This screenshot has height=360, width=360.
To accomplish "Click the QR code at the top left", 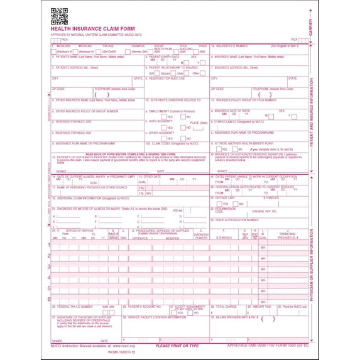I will (58, 15).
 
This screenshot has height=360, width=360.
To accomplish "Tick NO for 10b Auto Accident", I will (183, 127).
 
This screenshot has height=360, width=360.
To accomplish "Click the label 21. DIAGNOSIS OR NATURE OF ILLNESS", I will (94, 208).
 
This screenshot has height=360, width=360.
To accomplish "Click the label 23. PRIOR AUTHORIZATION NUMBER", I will (239, 219).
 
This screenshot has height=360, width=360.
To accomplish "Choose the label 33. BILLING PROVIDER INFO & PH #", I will (236, 317).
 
